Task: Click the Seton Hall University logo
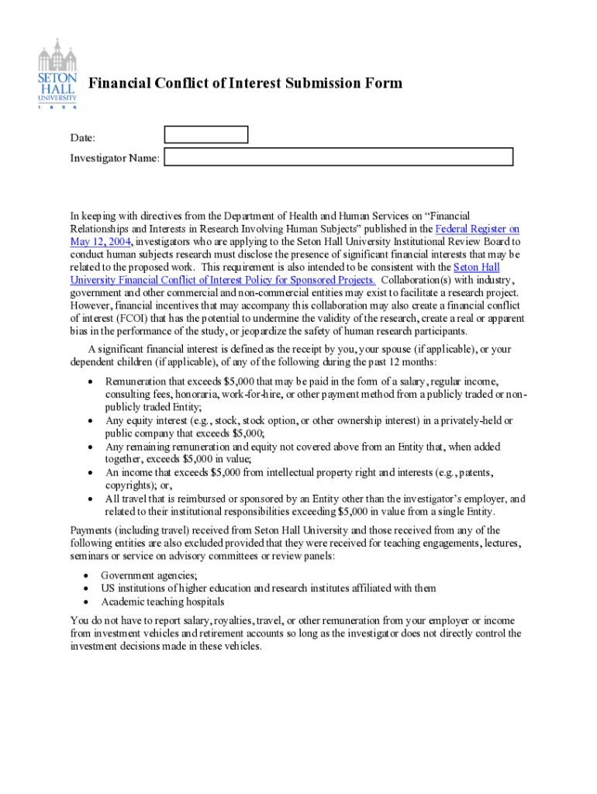click(57, 75)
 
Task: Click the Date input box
click(206, 135)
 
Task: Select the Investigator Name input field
click(338, 157)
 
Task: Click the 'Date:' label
click(83, 138)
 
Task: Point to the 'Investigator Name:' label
click(115, 158)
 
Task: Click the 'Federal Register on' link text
click(478, 229)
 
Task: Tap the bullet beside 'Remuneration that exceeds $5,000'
click(92, 382)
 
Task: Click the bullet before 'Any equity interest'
click(92, 421)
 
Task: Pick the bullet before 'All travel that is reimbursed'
click(92, 499)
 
